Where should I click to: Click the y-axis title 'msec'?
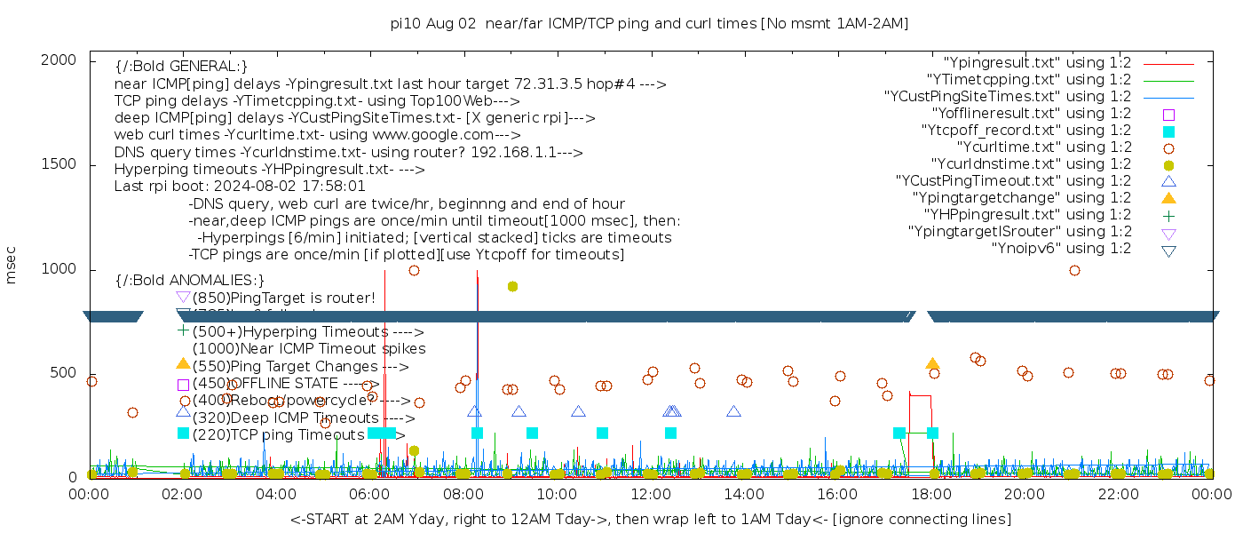coord(11,266)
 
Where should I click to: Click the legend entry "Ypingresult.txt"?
coord(1037,63)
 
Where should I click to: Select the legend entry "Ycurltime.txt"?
coord(1043,147)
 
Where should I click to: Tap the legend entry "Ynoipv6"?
coord(1061,248)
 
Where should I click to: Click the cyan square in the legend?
coord(1168,131)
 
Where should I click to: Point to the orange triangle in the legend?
coord(1168,197)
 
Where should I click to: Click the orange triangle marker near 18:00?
coord(932,363)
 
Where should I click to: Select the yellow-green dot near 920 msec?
coord(512,286)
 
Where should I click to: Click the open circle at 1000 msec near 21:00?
coord(1074,270)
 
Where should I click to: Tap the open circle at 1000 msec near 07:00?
coord(414,270)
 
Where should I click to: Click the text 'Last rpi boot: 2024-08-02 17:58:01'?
coord(240,187)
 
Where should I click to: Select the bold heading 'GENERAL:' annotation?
coord(181,67)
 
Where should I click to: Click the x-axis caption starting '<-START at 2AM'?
coord(650,519)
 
